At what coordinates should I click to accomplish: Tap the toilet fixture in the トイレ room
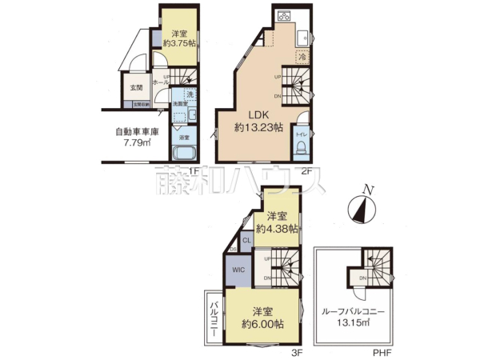[x=302, y=136]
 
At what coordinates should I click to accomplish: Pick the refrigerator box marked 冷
[x=303, y=56]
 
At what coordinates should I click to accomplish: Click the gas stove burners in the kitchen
[x=285, y=16]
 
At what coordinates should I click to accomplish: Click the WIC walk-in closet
[x=238, y=270]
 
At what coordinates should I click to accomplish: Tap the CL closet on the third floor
[x=246, y=239]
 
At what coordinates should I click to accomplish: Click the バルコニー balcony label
[x=214, y=318]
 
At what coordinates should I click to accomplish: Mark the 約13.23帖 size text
[x=258, y=126]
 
